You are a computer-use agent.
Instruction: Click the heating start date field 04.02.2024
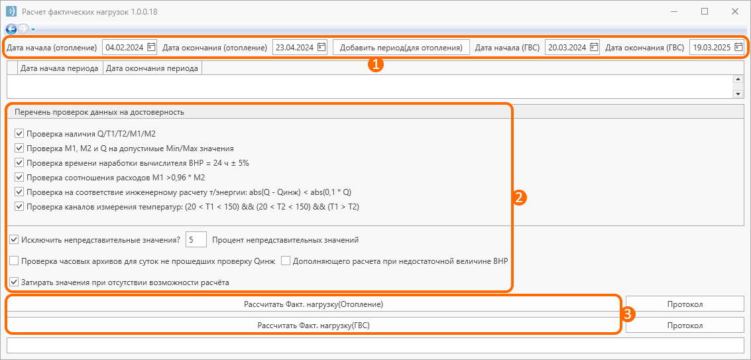(x=124, y=47)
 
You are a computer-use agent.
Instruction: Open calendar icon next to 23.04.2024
(x=321, y=47)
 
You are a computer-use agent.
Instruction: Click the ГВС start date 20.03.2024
(x=567, y=47)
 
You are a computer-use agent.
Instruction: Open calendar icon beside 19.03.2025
(x=738, y=47)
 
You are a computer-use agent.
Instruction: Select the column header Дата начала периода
(x=60, y=68)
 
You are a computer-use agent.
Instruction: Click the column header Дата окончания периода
(x=152, y=68)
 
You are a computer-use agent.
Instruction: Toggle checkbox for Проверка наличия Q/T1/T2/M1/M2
(x=19, y=133)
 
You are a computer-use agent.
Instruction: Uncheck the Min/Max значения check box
(x=19, y=148)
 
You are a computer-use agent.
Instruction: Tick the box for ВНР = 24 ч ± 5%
(x=19, y=162)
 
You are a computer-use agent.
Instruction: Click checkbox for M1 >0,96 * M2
(x=19, y=178)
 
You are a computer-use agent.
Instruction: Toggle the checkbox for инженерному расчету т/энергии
(x=19, y=192)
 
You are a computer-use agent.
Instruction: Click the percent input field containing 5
(x=196, y=239)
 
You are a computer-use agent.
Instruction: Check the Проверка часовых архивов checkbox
(x=13, y=261)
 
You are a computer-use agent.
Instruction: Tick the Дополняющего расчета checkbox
(x=286, y=261)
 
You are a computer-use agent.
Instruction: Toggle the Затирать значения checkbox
(x=13, y=282)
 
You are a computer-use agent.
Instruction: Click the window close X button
(x=734, y=11)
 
